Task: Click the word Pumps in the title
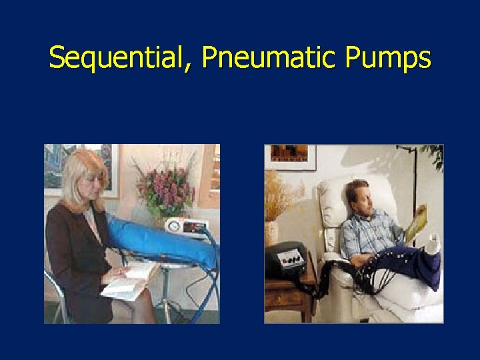(388, 59)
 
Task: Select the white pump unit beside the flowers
(186, 227)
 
